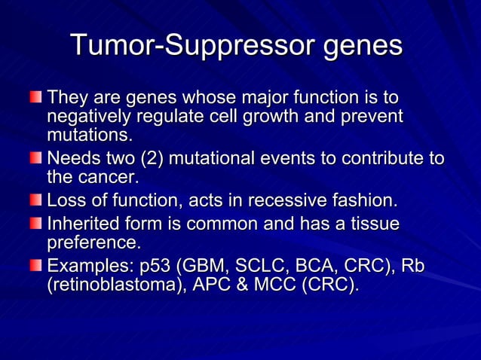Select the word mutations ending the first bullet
(x=88, y=136)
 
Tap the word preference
(x=93, y=243)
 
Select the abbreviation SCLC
(x=264, y=267)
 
